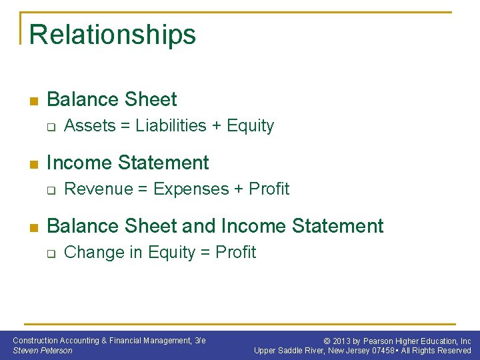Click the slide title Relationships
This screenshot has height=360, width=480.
click(113, 35)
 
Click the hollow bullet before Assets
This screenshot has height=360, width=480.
click(50, 127)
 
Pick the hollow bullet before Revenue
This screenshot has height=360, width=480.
click(50, 190)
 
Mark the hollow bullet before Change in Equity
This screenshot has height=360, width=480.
click(50, 253)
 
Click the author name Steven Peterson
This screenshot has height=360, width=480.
click(43, 351)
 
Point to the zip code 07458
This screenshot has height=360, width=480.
click(385, 351)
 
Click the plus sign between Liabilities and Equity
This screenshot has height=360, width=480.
click(217, 127)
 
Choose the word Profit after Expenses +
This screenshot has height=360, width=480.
click(269, 189)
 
